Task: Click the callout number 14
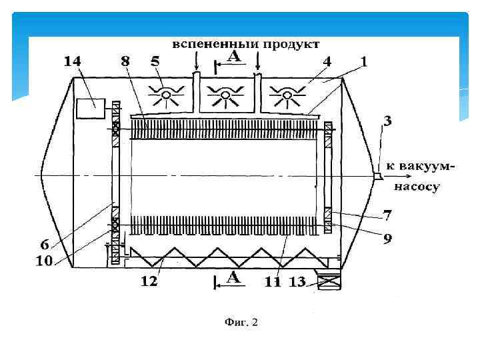point(73,61)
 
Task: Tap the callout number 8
point(125,61)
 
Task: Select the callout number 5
point(155,61)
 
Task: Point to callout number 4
point(327,61)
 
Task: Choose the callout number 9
point(386,237)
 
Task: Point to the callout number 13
point(297,282)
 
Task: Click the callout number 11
point(273,282)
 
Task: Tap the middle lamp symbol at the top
point(225,97)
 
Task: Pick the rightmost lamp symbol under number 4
point(288,97)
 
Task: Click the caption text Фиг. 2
point(241,322)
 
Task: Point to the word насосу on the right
point(417,187)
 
